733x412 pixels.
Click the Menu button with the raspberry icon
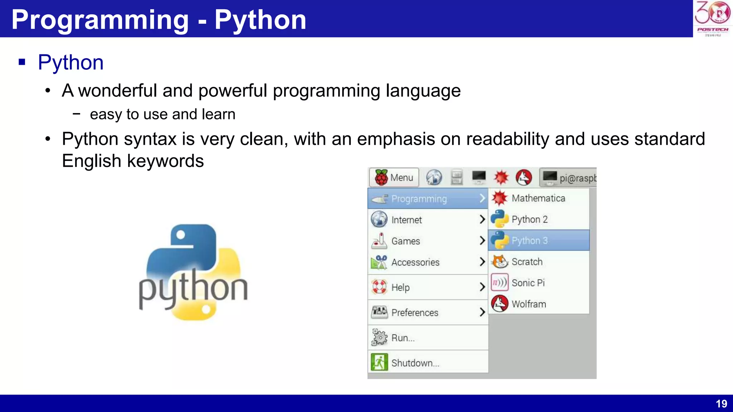(x=394, y=177)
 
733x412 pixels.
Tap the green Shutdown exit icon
(x=379, y=362)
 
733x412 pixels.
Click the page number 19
(x=721, y=404)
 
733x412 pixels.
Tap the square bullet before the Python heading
(x=22, y=62)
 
